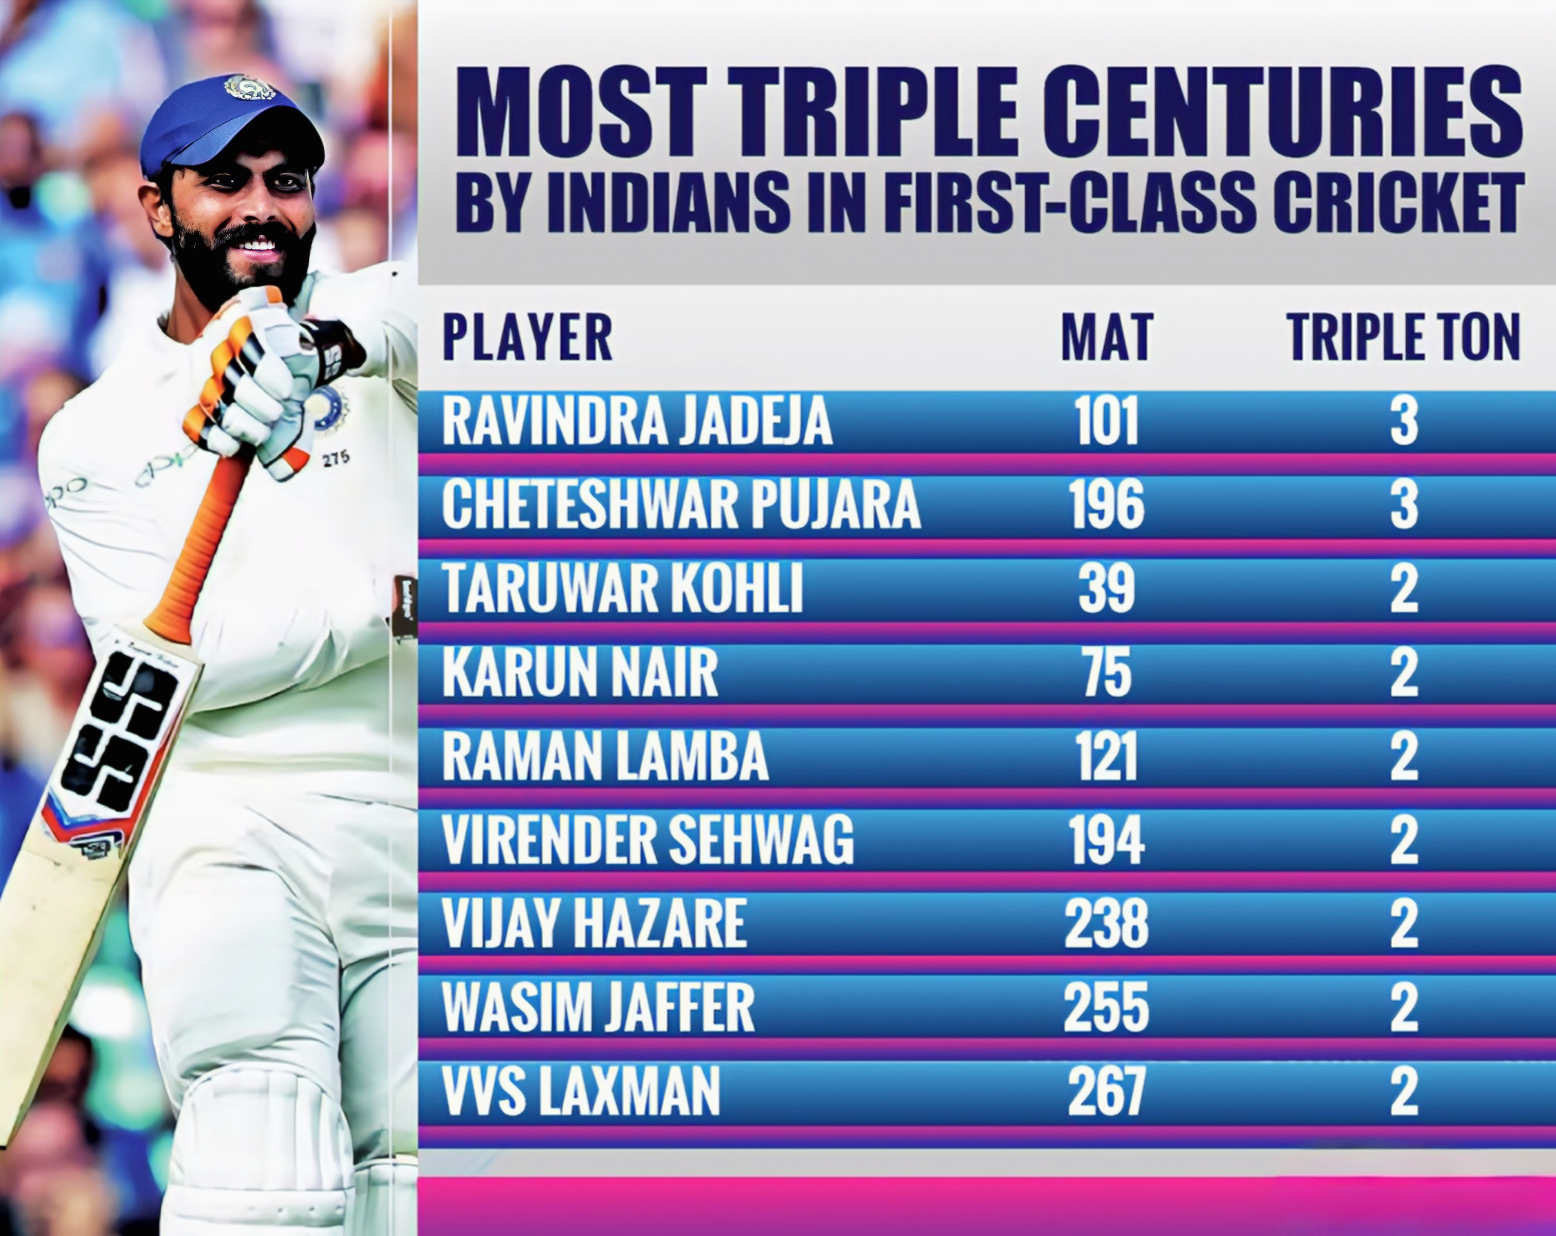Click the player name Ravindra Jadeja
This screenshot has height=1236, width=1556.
[636, 423]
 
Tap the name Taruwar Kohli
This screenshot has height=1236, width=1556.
[622, 591]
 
